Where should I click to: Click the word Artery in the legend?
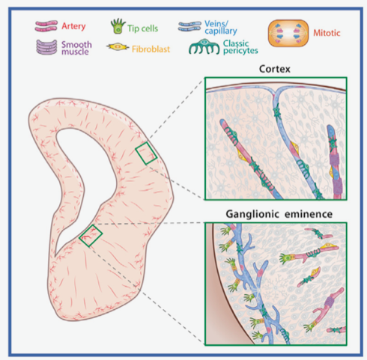[73, 26]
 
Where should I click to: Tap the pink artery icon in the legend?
[46, 26]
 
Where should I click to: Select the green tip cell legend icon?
[118, 26]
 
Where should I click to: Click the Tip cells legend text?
[142, 28]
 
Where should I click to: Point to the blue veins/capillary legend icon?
[189, 26]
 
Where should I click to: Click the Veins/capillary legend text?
[221, 28]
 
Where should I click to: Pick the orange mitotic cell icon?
[288, 33]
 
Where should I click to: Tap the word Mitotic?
[327, 33]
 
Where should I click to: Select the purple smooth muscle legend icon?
[46, 47]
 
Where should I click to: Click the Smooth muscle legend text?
[76, 48]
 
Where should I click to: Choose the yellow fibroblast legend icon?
[118, 47]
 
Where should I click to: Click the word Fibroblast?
[151, 49]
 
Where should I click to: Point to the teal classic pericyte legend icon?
[204, 46]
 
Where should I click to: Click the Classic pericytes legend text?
[240, 47]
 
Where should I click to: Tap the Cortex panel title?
[275, 69]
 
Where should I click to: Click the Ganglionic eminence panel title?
[279, 214]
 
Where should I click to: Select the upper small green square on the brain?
[146, 153]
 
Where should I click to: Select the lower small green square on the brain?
[91, 236]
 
